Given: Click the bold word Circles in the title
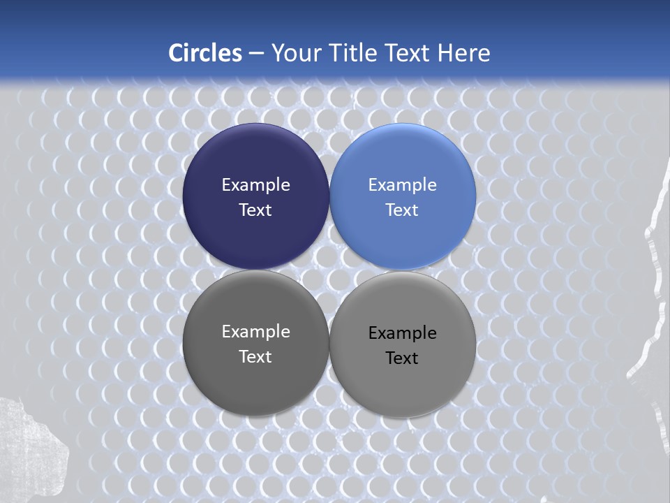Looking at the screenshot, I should pyautogui.click(x=205, y=53).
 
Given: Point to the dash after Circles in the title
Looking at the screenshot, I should pyautogui.click(x=256, y=53).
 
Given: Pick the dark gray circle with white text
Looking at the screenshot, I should pyautogui.click(x=255, y=384).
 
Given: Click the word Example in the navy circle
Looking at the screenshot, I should pyautogui.click(x=255, y=185).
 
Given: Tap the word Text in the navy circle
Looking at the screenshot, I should pyautogui.click(x=255, y=210).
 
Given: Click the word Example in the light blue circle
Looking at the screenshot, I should pyautogui.click(x=403, y=185).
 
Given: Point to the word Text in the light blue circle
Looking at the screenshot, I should pyautogui.click(x=402, y=210).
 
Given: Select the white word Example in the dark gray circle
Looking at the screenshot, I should pyautogui.click(x=255, y=332).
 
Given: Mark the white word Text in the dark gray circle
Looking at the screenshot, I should pyautogui.click(x=255, y=357).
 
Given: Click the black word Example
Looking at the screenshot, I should pyautogui.click(x=403, y=333).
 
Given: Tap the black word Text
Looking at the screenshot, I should pyautogui.click(x=402, y=358).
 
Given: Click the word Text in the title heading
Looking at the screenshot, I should pyautogui.click(x=408, y=53).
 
